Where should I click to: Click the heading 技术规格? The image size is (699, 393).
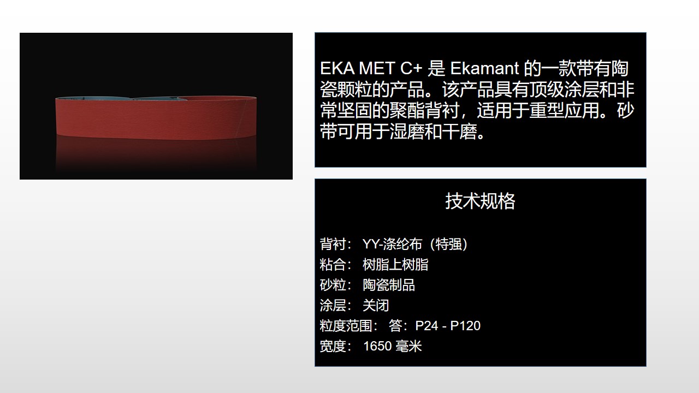tap(480, 201)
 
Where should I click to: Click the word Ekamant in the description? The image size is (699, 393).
tap(484, 69)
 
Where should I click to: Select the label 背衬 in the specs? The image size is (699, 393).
tap(333, 244)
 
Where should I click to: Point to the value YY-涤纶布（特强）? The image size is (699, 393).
tap(415, 244)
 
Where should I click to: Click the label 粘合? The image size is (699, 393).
tap(333, 265)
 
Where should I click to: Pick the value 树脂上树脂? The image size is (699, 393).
tap(395, 265)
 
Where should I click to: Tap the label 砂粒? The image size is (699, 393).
tap(333, 285)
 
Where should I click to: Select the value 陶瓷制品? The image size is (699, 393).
tap(389, 285)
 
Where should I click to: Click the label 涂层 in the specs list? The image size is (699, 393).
tap(333, 305)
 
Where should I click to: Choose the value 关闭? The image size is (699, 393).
tap(376, 305)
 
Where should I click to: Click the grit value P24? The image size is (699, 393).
tap(426, 326)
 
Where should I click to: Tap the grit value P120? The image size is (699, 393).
tap(465, 326)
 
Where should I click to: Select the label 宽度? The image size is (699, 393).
tap(333, 346)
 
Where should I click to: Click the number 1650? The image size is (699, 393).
tap(376, 346)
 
